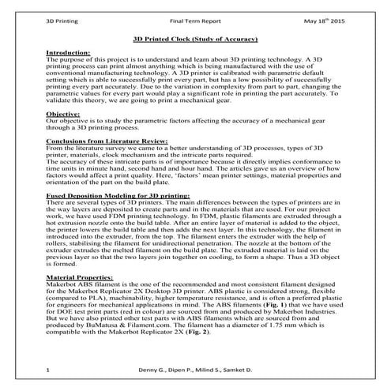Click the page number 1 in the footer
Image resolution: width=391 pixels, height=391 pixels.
(49, 370)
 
